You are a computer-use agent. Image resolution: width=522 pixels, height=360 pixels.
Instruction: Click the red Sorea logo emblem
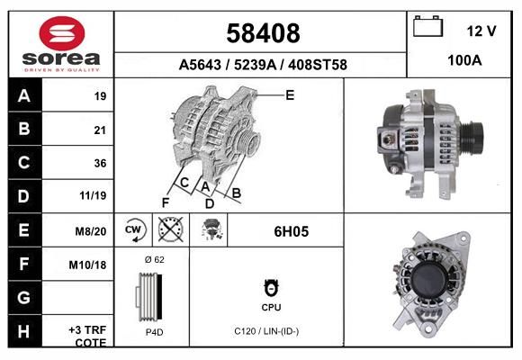pos(62,33)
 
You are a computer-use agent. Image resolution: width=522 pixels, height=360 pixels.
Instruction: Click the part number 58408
pos(263,33)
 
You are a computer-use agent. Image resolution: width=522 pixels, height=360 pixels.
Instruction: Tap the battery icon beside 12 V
pos(427,26)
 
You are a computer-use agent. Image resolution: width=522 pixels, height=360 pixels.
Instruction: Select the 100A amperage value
pos(464,60)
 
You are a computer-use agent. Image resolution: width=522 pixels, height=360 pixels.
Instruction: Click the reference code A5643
pos(200,65)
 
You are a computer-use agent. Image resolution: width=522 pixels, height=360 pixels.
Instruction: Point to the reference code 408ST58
pos(318,65)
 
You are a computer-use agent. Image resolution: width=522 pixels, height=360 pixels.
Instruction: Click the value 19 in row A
pos(100,96)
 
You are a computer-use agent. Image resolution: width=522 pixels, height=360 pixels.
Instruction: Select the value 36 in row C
pos(100,163)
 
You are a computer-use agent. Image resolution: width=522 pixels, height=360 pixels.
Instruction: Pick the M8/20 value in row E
pos(91,231)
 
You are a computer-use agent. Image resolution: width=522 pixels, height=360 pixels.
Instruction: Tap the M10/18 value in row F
pos(87,265)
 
